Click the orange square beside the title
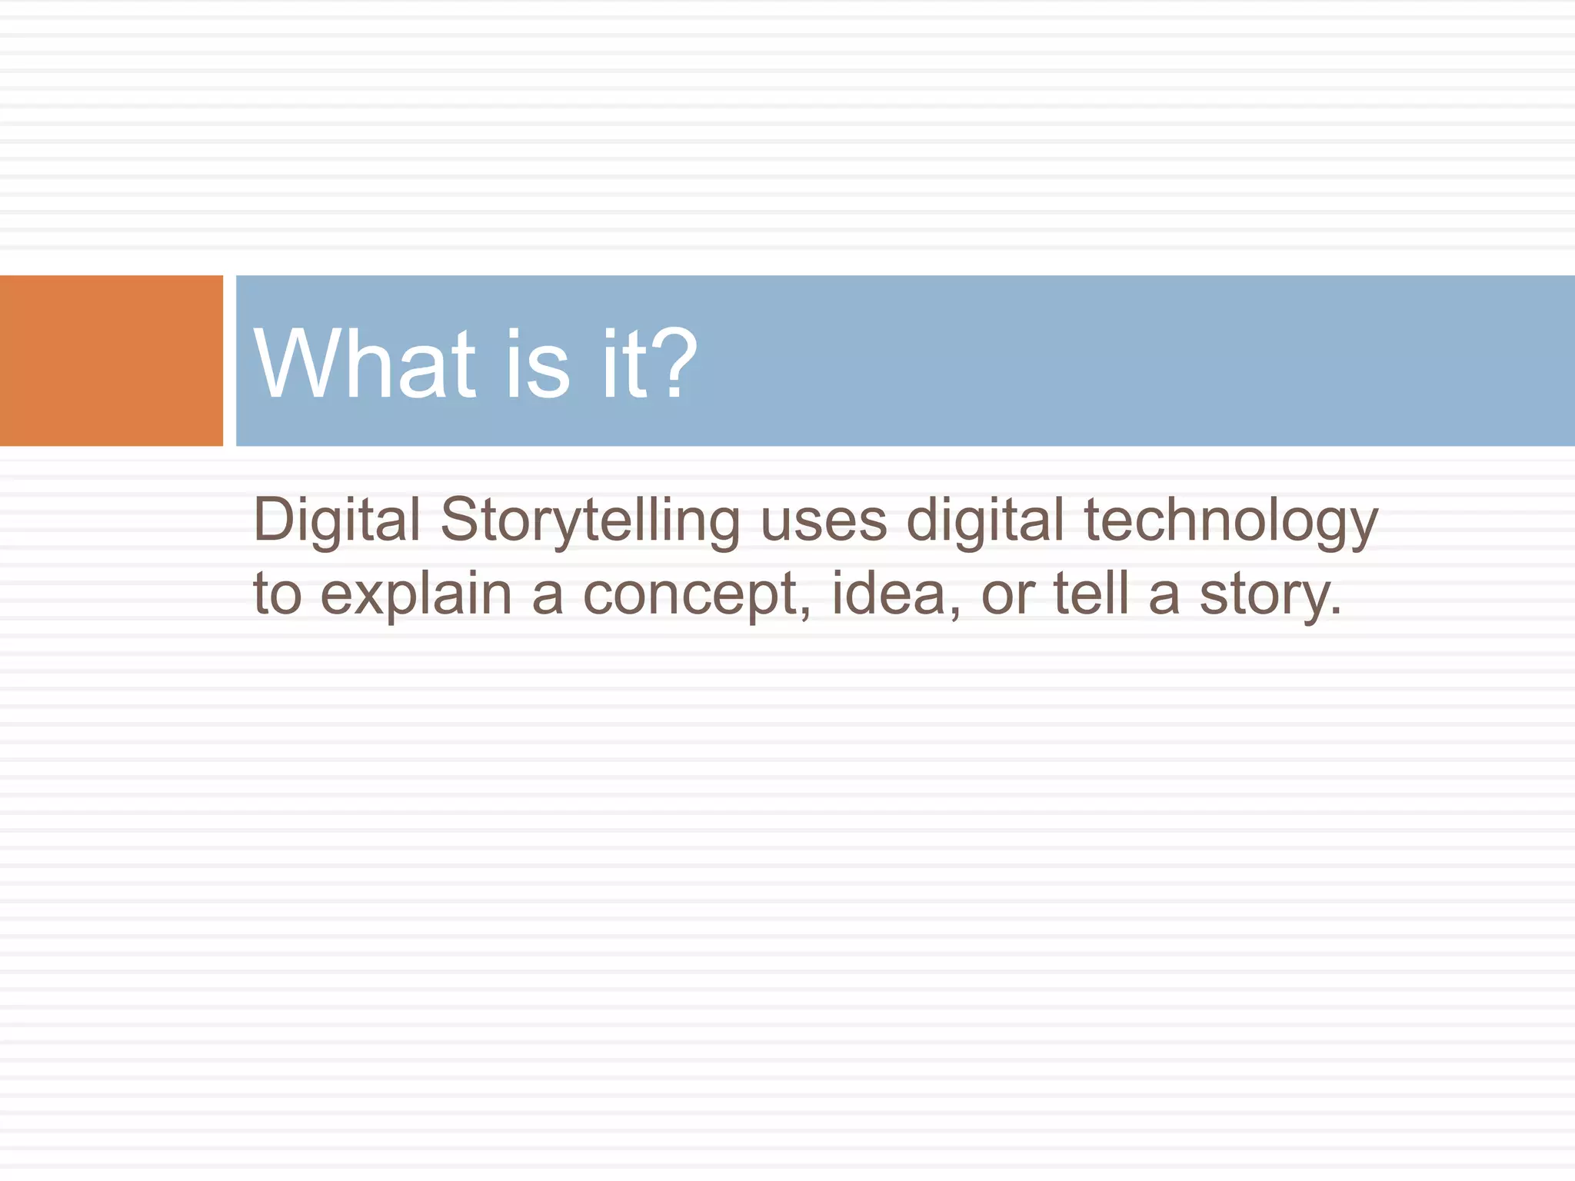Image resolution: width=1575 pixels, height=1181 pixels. tap(112, 361)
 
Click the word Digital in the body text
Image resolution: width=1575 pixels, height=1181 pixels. tap(337, 521)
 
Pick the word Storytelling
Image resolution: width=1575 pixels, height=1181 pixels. tap(590, 521)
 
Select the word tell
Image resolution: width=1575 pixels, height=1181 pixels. tap(1091, 594)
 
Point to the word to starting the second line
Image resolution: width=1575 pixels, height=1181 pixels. tap(277, 595)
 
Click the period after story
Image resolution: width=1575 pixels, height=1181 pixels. tap(1335, 612)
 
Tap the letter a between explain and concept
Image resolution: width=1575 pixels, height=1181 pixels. tap(547, 597)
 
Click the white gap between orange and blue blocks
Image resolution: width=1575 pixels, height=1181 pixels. tap(229, 361)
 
